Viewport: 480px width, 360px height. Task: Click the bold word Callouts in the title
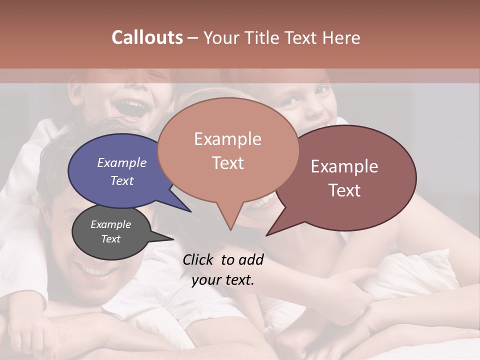[147, 37]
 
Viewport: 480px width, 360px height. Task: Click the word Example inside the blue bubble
[121, 162]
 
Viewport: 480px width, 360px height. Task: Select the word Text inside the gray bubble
[111, 239]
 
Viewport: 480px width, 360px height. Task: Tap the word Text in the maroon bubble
[344, 190]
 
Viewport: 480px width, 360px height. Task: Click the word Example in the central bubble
[227, 139]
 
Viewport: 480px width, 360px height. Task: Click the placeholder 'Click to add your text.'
[223, 269]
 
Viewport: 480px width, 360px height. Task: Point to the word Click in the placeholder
[198, 259]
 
